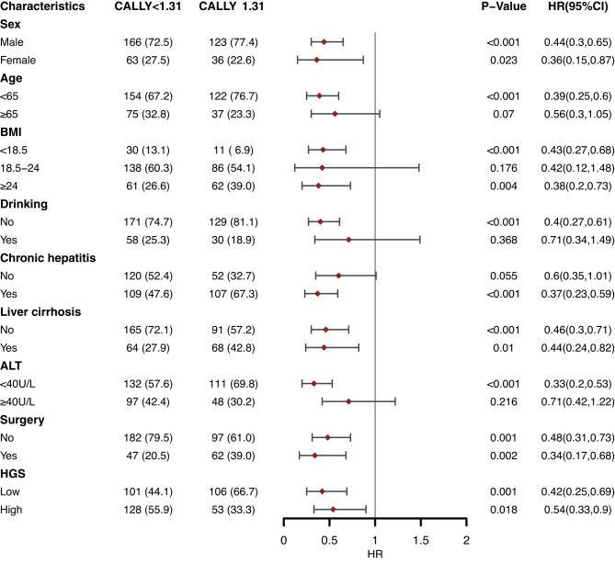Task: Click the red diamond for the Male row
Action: point(324,41)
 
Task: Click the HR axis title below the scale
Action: point(375,556)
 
